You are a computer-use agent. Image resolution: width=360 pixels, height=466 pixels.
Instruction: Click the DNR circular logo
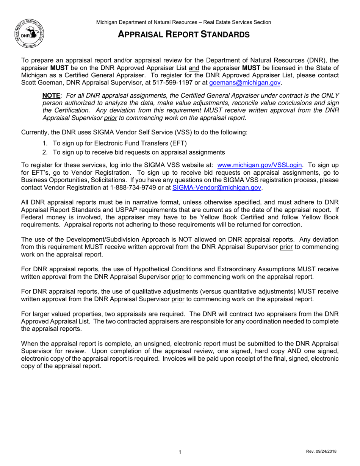29,33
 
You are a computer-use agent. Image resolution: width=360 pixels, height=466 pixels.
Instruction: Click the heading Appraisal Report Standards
183,34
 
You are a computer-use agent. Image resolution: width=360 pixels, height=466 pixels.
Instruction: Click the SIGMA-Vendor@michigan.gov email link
217,187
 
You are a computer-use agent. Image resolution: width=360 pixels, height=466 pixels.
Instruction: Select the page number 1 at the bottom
180,452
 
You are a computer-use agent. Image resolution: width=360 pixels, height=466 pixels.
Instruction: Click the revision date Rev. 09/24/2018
321,452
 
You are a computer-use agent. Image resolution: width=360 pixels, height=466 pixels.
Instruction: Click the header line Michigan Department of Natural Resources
183,22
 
